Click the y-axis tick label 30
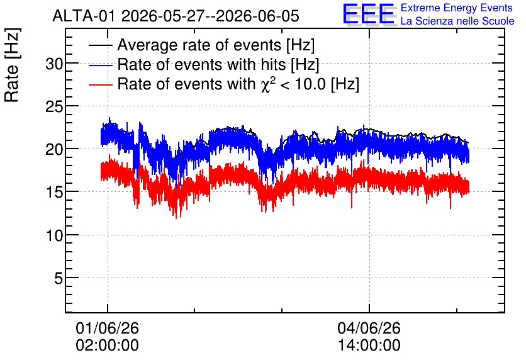pyautogui.click(x=54, y=64)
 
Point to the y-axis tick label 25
pyautogui.click(x=54, y=107)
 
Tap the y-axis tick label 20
pyautogui.click(x=54, y=150)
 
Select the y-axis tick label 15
pyautogui.click(x=54, y=193)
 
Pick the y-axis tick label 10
pyautogui.click(x=54, y=235)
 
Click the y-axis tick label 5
pyautogui.click(x=59, y=278)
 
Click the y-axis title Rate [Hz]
pyautogui.click(x=12, y=65)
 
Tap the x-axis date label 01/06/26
pyautogui.click(x=108, y=328)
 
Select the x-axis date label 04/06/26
pyautogui.click(x=369, y=328)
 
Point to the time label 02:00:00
pyautogui.click(x=108, y=346)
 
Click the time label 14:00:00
pyautogui.click(x=369, y=346)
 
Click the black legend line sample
pyautogui.click(x=100, y=45)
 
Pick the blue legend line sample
pyautogui.click(x=100, y=65)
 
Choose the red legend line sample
pyautogui.click(x=100, y=84)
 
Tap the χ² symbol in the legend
pyautogui.click(x=266, y=84)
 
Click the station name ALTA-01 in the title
pyautogui.click(x=85, y=16)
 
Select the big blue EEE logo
pyautogui.click(x=369, y=14)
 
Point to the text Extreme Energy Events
pyautogui.click(x=457, y=8)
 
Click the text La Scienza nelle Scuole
pyautogui.click(x=457, y=21)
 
